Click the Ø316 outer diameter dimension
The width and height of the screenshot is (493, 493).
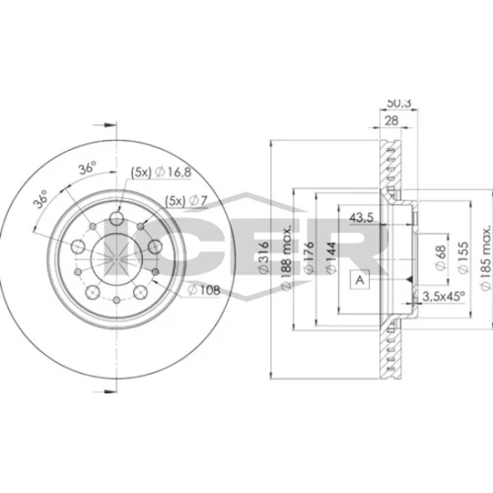tap(264, 257)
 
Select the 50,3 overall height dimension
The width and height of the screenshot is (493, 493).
tap(399, 104)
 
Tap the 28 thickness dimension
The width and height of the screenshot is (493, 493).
tap(391, 120)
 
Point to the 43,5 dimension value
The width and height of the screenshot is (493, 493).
tap(361, 217)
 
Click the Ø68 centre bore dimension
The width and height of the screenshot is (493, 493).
tap(441, 258)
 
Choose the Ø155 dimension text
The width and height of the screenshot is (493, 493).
tap(462, 257)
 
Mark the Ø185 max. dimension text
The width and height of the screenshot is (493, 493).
tap(485, 257)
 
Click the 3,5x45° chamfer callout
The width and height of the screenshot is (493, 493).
tap(444, 297)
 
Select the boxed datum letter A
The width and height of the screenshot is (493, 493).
tap(360, 280)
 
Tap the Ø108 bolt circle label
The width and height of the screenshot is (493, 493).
tap(204, 290)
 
